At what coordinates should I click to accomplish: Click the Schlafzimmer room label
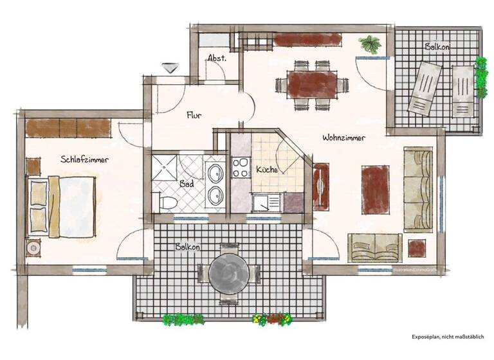pos(84,159)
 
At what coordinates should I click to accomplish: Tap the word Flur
pos(194,116)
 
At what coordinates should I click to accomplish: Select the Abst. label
pos(216,58)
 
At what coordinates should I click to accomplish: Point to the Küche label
pos(266,170)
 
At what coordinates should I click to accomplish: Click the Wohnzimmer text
pos(344,138)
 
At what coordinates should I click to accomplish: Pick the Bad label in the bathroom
pos(187,184)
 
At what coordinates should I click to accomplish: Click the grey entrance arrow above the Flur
pos(170,67)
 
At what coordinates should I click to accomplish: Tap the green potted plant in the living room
pos(370,44)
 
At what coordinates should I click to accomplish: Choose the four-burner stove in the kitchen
pos(241,167)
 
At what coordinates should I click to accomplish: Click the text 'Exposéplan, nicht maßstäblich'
pos(448,336)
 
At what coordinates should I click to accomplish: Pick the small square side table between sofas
pos(416,248)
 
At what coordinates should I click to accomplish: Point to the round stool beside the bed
pos(33,248)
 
